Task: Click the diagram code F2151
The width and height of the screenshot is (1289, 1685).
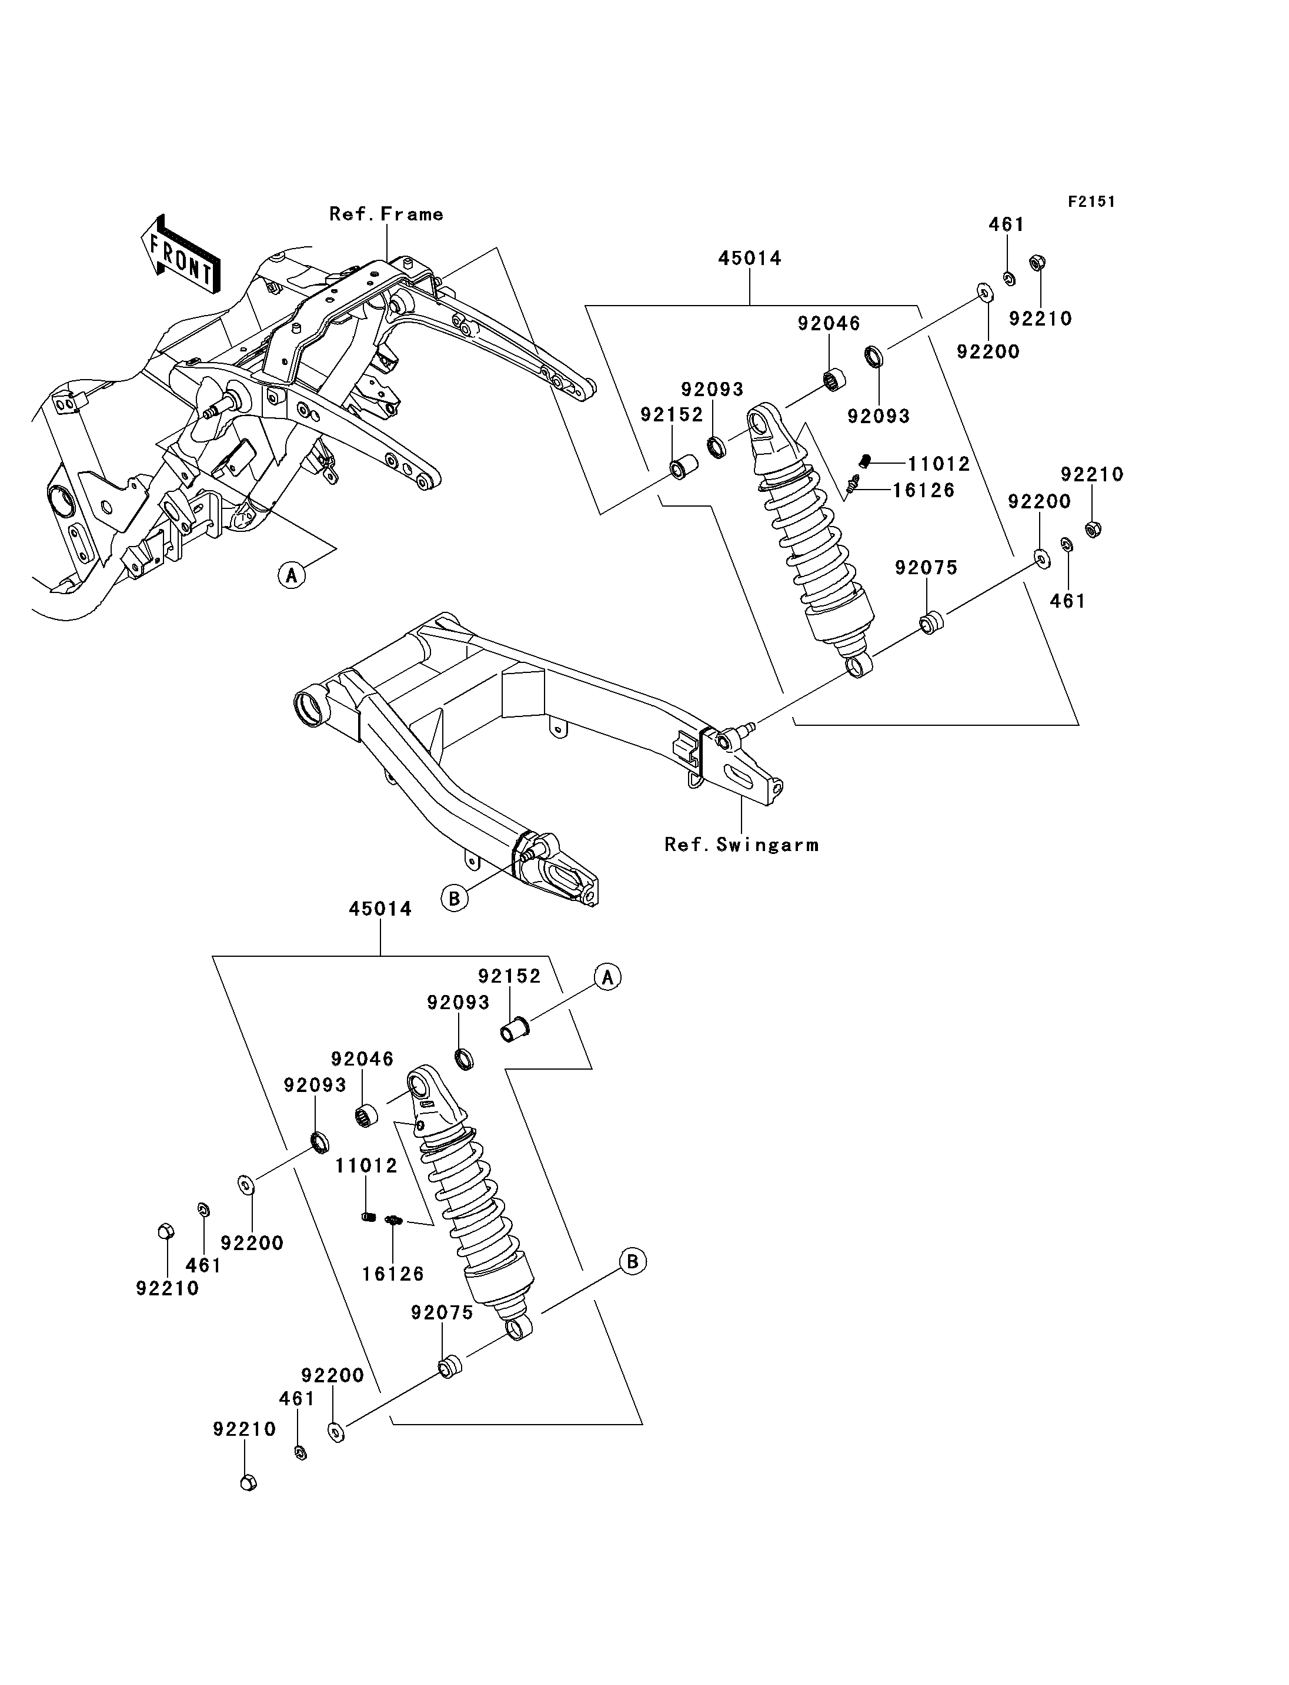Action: coord(1092,202)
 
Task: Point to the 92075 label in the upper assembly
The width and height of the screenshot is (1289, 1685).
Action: coord(927,568)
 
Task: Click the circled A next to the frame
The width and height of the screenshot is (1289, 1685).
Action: coord(292,574)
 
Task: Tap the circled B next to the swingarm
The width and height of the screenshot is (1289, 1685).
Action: coord(454,898)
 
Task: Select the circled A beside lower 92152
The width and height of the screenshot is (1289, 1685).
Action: coord(607,977)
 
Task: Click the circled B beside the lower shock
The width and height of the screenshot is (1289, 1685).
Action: coord(633,1262)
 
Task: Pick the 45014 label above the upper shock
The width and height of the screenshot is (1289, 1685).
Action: coord(750,259)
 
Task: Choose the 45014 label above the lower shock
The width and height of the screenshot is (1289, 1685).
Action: coord(380,909)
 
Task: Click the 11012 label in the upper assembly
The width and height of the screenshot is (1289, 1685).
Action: coord(939,464)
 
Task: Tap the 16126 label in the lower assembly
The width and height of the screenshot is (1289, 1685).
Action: coord(393,1274)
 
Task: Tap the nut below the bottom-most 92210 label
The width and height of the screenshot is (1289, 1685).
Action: coord(248,1482)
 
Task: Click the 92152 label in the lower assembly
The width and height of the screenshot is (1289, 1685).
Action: coord(509,976)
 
